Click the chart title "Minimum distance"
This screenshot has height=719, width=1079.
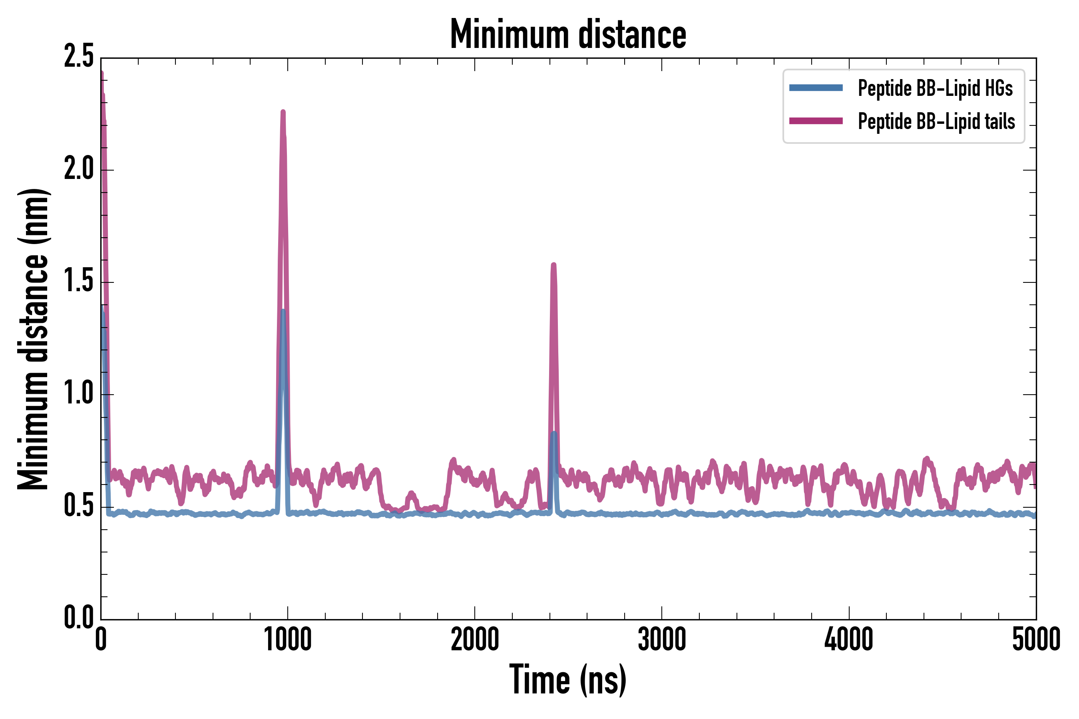coord(568,34)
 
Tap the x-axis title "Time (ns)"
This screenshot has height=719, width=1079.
coord(568,679)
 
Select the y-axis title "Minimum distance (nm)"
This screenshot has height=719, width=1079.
coord(33,339)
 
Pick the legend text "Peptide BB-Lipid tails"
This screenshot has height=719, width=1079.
coord(936,121)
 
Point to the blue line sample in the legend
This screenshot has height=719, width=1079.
coord(816,88)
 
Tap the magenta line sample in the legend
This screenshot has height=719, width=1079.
coord(816,121)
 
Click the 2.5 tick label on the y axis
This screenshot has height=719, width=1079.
coord(79,57)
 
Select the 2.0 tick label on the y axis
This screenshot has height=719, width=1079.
coord(79,170)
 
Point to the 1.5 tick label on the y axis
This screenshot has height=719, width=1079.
coord(79,282)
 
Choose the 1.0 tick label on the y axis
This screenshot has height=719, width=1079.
coord(79,394)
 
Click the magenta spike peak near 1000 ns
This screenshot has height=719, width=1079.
coord(283,112)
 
